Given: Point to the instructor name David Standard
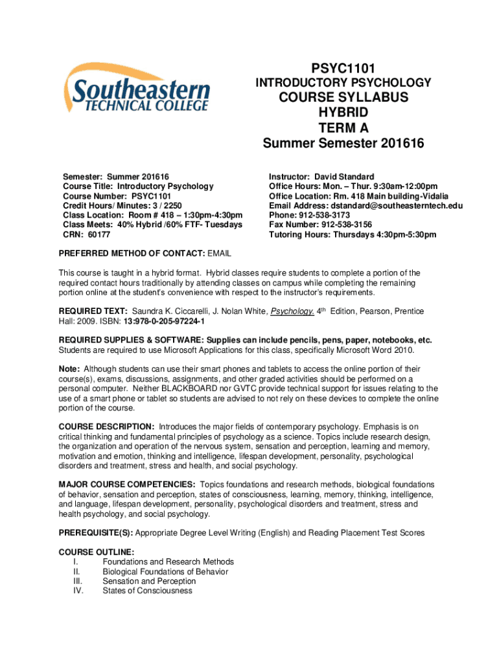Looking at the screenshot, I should coord(344,177).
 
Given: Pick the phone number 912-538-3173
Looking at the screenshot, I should coord(325,215).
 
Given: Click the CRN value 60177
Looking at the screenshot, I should coord(99,234).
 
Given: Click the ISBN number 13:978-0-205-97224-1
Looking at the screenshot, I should coord(165,321).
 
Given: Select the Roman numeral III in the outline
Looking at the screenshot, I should coord(76,581).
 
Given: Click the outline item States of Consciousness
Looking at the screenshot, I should coord(147,590).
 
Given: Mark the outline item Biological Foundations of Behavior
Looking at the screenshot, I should coord(165,571).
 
